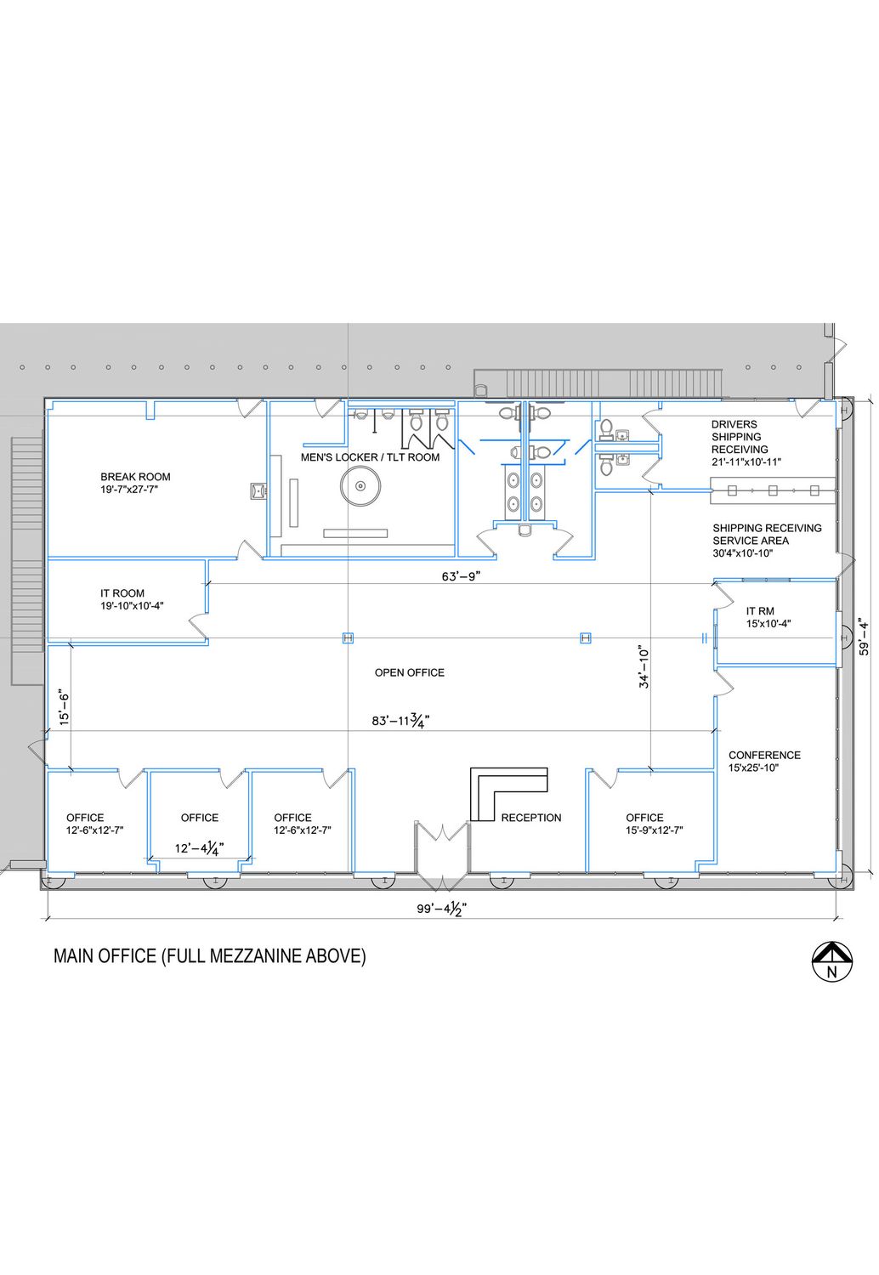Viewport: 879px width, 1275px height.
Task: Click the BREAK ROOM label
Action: pos(135,483)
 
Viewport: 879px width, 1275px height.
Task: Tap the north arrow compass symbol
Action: pos(831,962)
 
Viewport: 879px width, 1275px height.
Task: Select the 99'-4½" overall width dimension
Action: pos(442,909)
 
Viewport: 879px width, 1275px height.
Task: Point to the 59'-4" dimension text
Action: pos(865,637)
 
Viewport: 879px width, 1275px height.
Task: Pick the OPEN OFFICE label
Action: pos(410,672)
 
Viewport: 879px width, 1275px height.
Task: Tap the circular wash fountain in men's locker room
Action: pos(360,486)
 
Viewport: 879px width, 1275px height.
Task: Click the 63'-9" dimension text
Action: pos(461,576)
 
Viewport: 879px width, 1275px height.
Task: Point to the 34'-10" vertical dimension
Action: pos(644,666)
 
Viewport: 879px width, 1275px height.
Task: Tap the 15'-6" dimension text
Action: pos(64,709)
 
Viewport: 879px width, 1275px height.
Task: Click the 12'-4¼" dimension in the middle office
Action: pos(199,848)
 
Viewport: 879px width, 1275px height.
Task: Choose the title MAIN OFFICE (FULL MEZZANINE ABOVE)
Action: pos(209,955)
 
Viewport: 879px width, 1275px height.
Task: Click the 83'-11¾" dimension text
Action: pos(400,721)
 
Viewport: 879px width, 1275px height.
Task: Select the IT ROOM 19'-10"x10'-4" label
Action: pos(132,599)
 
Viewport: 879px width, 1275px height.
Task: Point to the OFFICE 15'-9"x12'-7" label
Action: pos(654,824)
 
